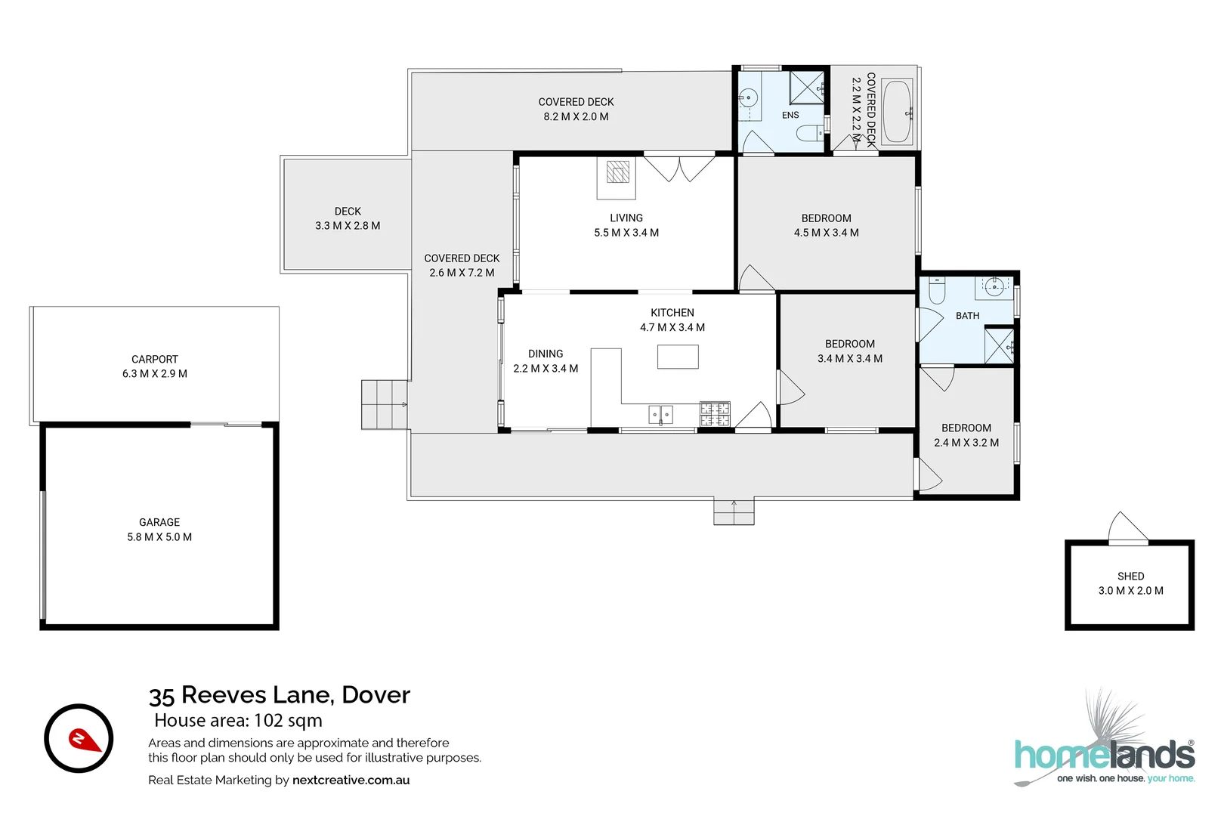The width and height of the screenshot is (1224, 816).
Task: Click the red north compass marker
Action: tap(84, 740)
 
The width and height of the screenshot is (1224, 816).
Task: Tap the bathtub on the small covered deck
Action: tap(897, 112)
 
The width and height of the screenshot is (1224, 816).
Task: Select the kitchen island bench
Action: tap(678, 357)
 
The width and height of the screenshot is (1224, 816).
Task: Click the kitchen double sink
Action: tap(660, 415)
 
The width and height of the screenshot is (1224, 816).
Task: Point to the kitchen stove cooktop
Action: tap(716, 414)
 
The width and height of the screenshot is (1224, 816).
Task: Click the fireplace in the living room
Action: tap(617, 178)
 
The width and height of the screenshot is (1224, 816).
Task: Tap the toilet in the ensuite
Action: tap(809, 133)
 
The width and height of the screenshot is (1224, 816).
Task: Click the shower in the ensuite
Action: tap(806, 86)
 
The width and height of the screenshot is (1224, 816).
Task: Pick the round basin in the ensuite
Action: tap(748, 99)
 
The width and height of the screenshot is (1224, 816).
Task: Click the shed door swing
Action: tap(1128, 528)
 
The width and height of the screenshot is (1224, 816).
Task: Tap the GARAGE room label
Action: tap(159, 523)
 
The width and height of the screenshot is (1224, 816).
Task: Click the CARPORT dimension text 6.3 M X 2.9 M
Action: tap(155, 374)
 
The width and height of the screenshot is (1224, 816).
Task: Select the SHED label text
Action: tap(1130, 576)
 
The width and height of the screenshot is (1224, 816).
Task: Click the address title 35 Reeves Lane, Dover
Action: tap(280, 695)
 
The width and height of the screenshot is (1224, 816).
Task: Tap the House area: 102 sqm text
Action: tap(238, 720)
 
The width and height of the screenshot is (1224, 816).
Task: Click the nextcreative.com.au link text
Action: tap(351, 780)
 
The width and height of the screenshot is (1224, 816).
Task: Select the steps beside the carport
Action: tap(384, 405)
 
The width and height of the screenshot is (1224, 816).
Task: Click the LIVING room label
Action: tap(626, 218)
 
